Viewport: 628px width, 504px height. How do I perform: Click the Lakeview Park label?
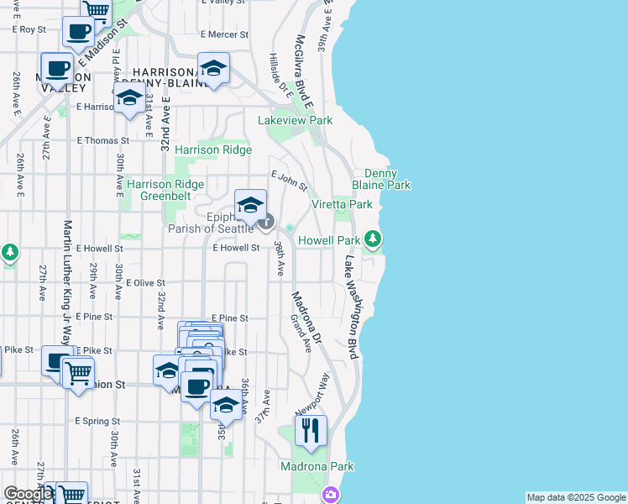click(295, 121)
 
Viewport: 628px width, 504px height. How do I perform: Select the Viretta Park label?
click(342, 204)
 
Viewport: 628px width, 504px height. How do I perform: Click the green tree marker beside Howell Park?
click(374, 241)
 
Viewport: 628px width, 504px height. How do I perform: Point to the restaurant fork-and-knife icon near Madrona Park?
click(311, 431)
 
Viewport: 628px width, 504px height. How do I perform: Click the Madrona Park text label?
click(317, 466)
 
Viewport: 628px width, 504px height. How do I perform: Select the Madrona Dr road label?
click(306, 318)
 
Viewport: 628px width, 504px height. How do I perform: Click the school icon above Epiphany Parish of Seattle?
click(250, 205)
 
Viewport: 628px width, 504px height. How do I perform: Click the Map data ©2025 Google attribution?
click(576, 497)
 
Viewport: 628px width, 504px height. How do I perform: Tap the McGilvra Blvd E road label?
click(303, 71)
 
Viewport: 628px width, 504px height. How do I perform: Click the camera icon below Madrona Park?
click(331, 495)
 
